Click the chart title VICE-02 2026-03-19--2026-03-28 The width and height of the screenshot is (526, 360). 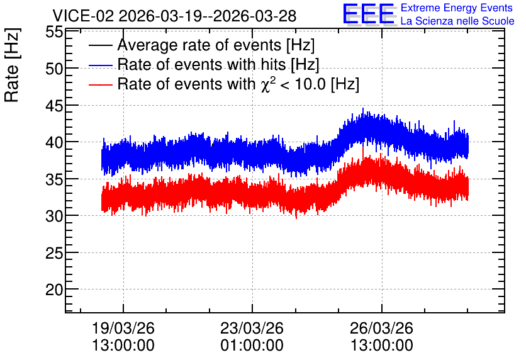click(174, 16)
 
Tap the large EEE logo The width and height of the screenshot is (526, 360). click(369, 14)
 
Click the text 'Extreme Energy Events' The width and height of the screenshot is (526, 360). click(457, 8)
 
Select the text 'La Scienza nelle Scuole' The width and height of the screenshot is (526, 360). click(457, 21)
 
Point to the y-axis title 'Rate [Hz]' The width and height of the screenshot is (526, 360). click(12, 65)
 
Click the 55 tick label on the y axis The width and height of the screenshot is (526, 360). click(54, 32)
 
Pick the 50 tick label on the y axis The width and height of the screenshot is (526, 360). click(54, 69)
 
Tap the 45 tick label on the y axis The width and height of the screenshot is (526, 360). click(54, 106)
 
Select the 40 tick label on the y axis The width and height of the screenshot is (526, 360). click(54, 143)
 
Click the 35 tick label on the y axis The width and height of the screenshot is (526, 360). click(54, 180)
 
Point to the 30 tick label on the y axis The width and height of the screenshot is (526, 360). click(54, 217)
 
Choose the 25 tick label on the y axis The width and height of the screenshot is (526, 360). click(54, 253)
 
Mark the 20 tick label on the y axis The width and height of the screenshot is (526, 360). click(54, 290)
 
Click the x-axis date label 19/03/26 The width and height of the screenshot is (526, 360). click(123, 328)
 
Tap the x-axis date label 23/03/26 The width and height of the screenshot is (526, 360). click(252, 328)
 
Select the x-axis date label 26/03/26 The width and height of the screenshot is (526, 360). click(381, 328)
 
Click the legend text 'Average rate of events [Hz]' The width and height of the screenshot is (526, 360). click(216, 45)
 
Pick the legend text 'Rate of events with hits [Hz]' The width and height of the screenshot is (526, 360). click(218, 64)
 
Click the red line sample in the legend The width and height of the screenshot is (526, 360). click(101, 84)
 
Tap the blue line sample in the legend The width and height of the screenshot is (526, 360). click(101, 65)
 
